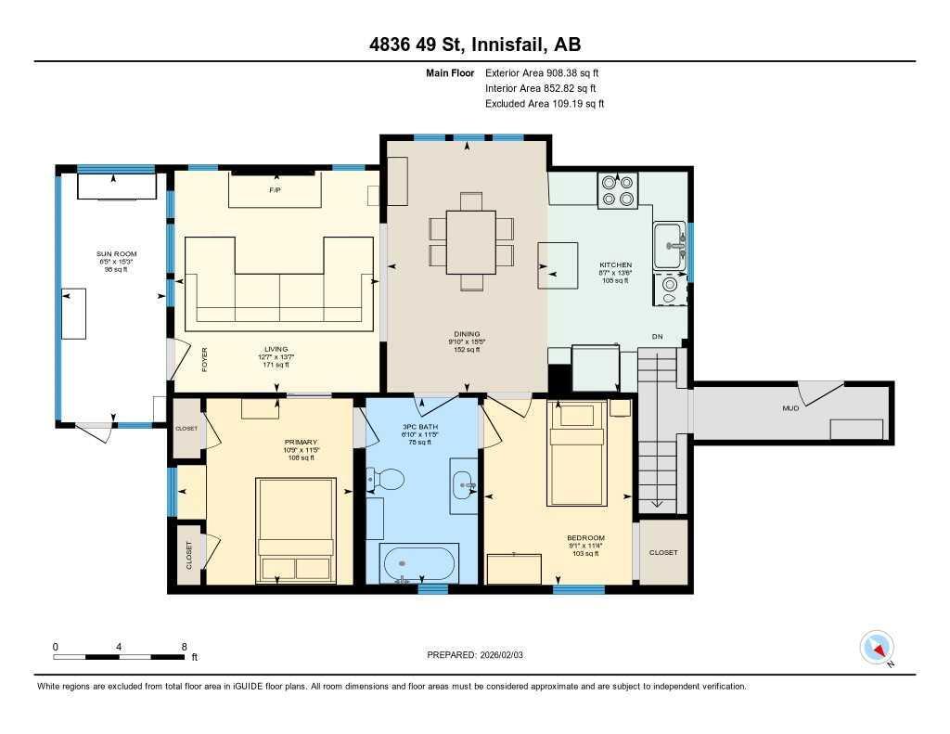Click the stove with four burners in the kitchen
[x=617, y=190]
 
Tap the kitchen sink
[x=668, y=245]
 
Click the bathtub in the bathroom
[x=419, y=562]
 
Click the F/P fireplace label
[x=275, y=190]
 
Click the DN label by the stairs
[x=657, y=336]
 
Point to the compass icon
[x=877, y=647]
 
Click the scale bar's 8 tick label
[x=184, y=647]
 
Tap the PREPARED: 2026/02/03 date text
[x=481, y=654]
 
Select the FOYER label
[x=203, y=359]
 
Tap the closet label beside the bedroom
[x=663, y=552]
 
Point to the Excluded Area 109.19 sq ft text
[x=545, y=104]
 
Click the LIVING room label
[x=276, y=350]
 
